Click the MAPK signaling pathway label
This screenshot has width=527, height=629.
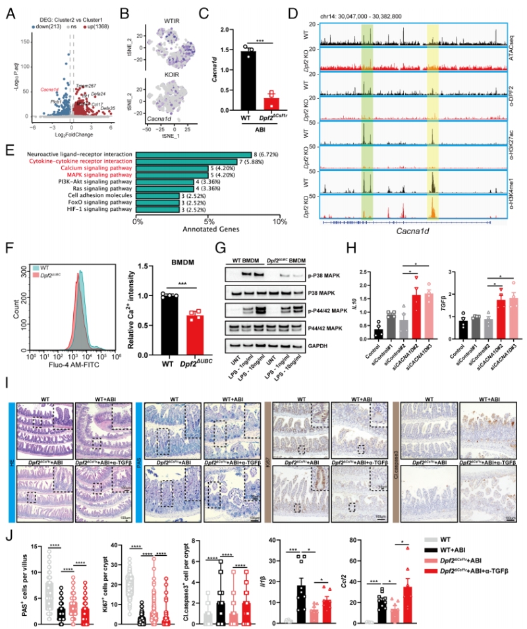point(99,175)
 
